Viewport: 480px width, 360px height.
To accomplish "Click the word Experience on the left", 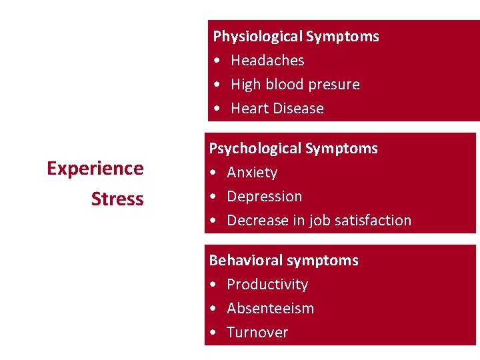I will pyautogui.click(x=95, y=169).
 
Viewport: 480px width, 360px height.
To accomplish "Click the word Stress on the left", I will pyautogui.click(x=117, y=199).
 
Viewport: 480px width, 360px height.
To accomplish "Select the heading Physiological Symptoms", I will pyautogui.click(x=296, y=37).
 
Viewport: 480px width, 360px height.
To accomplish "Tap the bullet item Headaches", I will pyautogui.click(x=267, y=61).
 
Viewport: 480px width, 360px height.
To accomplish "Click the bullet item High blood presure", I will pyautogui.click(x=295, y=85).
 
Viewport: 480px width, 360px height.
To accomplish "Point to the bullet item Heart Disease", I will pyautogui.click(x=277, y=109).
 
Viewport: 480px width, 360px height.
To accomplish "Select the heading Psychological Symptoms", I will pyautogui.click(x=293, y=149).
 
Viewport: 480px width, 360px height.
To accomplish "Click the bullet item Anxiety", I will pyautogui.click(x=252, y=173).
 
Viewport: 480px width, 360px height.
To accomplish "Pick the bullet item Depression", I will pyautogui.click(x=264, y=197).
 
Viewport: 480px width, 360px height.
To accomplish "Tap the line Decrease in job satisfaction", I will pyautogui.click(x=319, y=221).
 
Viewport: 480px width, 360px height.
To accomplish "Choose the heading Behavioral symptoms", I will pyautogui.click(x=284, y=261).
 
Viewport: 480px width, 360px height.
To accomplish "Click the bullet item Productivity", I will pyautogui.click(x=267, y=285).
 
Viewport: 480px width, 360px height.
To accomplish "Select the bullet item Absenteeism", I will pyautogui.click(x=270, y=309).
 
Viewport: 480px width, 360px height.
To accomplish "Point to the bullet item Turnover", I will pyautogui.click(x=257, y=333).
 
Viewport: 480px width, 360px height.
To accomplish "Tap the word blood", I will pyautogui.click(x=286, y=85).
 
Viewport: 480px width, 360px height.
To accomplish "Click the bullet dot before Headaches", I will pyautogui.click(x=218, y=61).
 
